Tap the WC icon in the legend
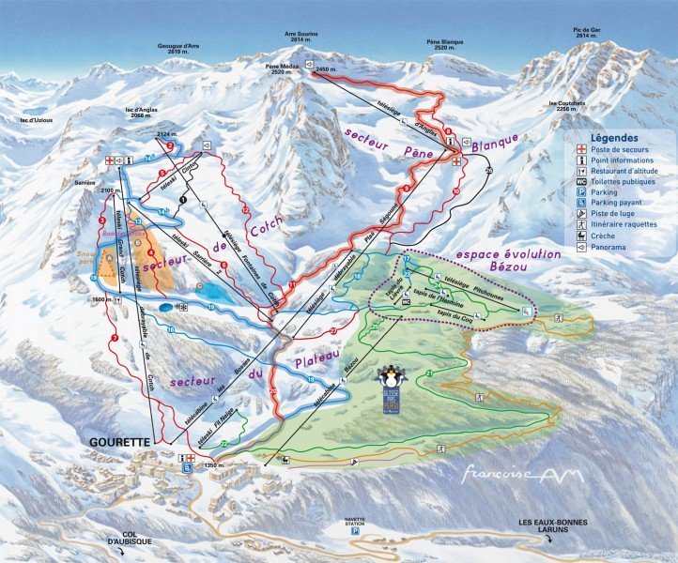click(581, 181)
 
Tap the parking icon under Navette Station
click(355, 530)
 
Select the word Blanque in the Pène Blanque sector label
click(495, 141)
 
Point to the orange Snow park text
click(87, 257)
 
